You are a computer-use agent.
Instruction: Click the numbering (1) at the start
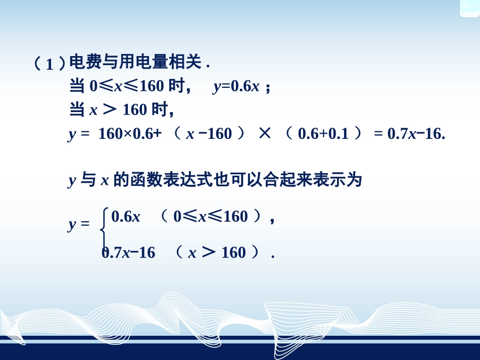click(x=50, y=64)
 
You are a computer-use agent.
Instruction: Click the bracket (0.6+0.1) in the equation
click(x=323, y=134)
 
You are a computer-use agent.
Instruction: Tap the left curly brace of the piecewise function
click(x=104, y=230)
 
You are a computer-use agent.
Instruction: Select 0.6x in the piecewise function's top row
click(x=126, y=217)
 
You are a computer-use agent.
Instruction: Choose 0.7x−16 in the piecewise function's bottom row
click(x=129, y=252)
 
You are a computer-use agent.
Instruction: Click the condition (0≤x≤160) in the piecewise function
click(x=212, y=217)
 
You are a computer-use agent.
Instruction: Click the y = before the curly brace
click(x=78, y=225)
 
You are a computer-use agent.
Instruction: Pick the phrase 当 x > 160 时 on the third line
click(x=121, y=109)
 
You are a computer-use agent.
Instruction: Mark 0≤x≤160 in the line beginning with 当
click(x=126, y=86)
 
